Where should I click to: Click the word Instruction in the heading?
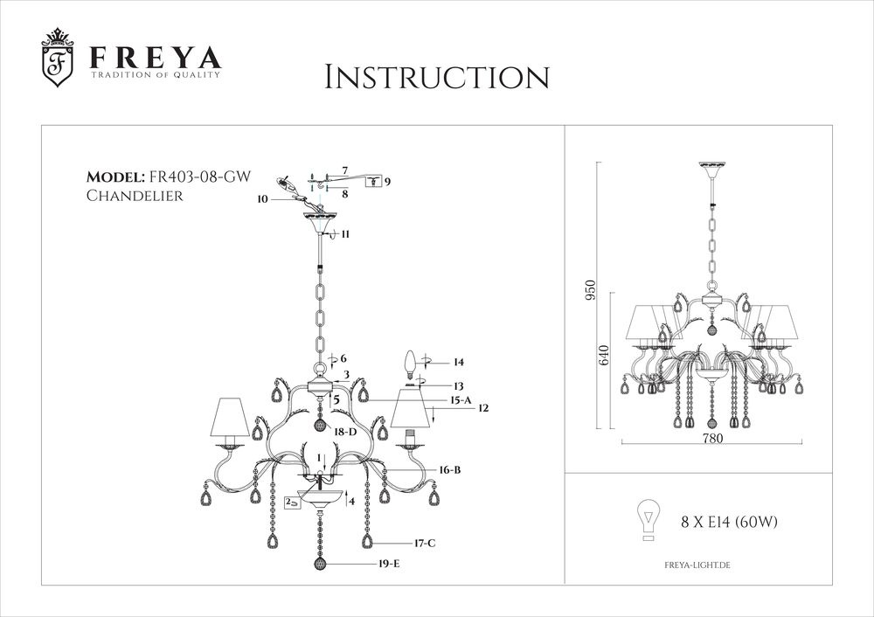(x=437, y=77)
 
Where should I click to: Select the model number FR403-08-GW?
(x=201, y=177)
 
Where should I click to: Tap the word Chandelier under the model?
(x=135, y=196)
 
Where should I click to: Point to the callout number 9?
(x=387, y=182)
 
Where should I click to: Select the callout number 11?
(x=345, y=234)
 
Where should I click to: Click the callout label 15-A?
(x=461, y=399)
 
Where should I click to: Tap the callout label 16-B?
(x=450, y=469)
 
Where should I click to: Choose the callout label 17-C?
(x=425, y=543)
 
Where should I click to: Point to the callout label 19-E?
(x=389, y=565)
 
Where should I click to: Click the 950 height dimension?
(x=591, y=291)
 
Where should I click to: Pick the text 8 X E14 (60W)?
(x=730, y=523)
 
